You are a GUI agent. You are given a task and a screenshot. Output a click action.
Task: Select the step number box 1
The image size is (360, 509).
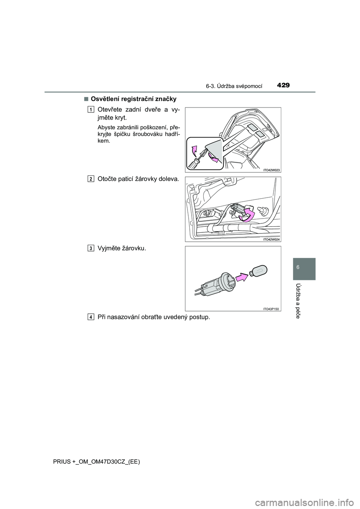click(91, 109)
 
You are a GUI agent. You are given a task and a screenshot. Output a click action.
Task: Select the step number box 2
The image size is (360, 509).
click(91, 179)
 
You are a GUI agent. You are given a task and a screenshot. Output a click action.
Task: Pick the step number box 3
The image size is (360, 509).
click(91, 248)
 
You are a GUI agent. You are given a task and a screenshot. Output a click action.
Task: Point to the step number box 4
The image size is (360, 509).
click(91, 317)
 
